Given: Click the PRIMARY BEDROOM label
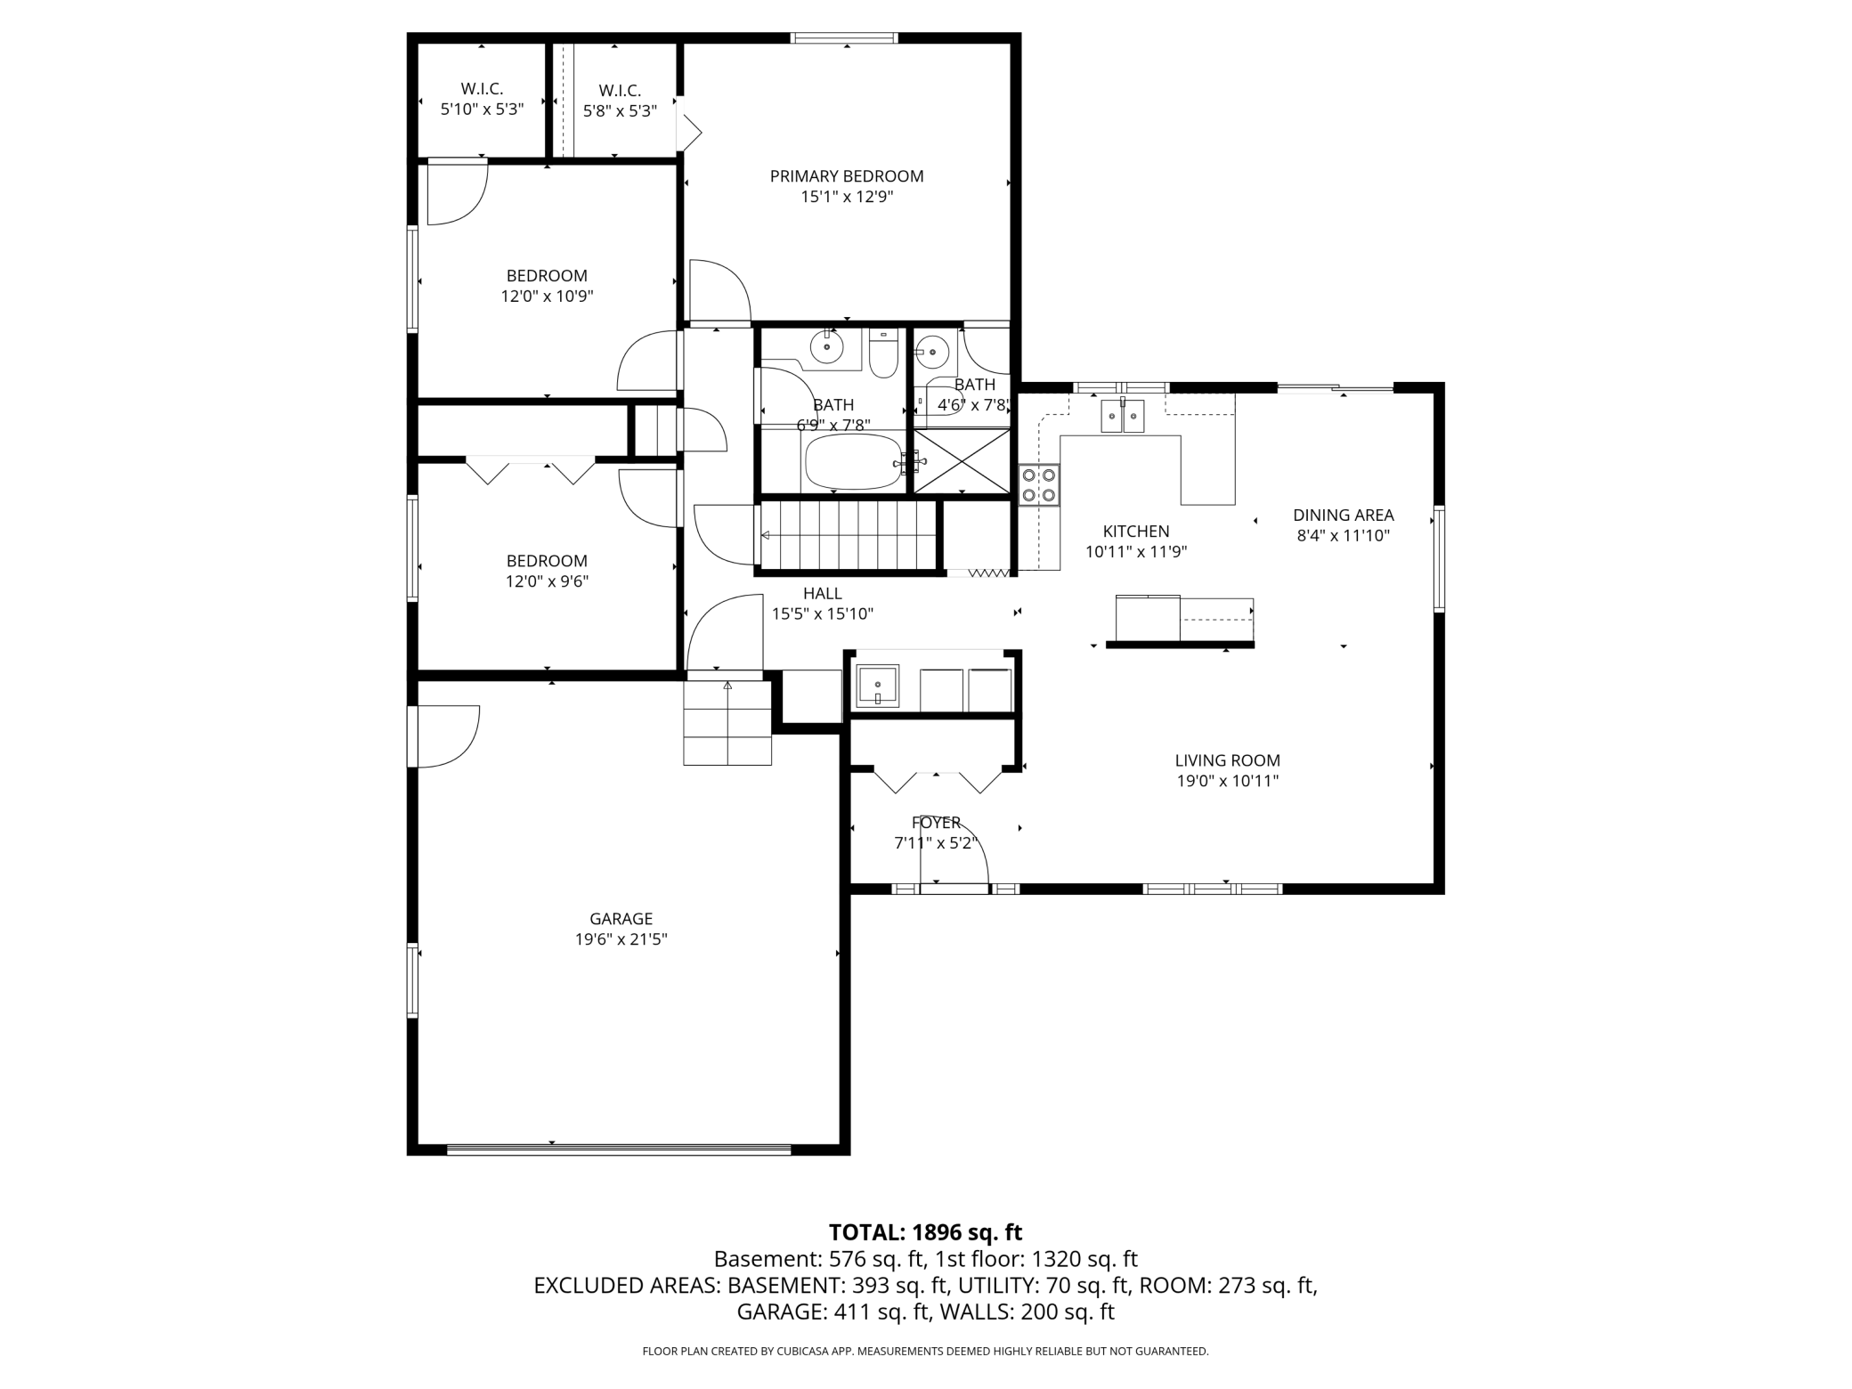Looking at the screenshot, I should click(846, 176).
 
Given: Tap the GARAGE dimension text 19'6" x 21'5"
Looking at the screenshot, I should click(621, 938).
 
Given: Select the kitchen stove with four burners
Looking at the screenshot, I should click(1039, 485).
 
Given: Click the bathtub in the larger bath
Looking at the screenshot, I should click(853, 461).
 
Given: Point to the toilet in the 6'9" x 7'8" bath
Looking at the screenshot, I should click(883, 356).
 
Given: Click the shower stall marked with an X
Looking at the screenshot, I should click(962, 460).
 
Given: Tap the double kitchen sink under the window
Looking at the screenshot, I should click(1122, 415).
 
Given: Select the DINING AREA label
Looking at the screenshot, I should click(1343, 515).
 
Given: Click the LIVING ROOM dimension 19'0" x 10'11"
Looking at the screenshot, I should click(1227, 781).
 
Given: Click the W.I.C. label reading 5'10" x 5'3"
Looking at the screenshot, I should click(482, 109).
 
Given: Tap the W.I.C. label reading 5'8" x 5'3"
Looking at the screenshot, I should click(620, 111).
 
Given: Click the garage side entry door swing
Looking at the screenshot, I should click(448, 735).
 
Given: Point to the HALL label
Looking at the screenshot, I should click(822, 593).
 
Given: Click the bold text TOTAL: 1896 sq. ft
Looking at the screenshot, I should click(925, 1232).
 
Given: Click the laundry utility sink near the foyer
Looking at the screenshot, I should click(877, 687).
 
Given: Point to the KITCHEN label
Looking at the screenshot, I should click(1135, 532).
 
